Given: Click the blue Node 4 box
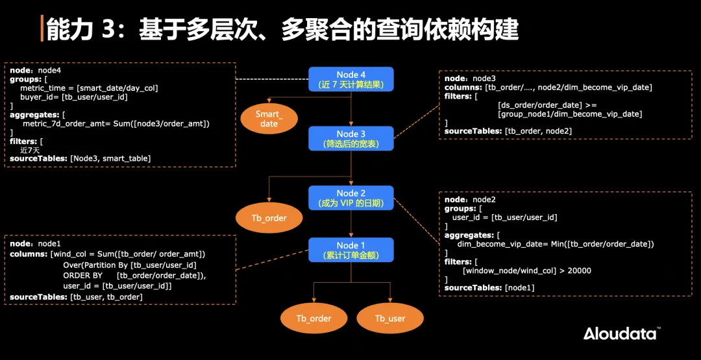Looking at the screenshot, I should click(x=351, y=79).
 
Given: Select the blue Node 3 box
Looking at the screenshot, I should click(x=351, y=138).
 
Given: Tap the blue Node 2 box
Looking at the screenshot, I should click(x=351, y=198).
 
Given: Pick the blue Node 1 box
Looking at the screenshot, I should click(x=351, y=250).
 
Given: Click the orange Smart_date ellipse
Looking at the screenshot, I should click(x=269, y=119).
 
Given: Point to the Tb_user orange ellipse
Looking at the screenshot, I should click(x=390, y=318).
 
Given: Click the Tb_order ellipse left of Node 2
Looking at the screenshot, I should click(x=269, y=218).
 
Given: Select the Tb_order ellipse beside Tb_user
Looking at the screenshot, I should click(x=314, y=318).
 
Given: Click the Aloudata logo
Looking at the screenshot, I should click(x=621, y=333).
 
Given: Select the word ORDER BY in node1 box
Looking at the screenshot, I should click(x=82, y=275).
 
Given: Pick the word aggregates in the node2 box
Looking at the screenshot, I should click(x=468, y=235).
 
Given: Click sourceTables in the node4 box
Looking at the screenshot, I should click(x=39, y=158).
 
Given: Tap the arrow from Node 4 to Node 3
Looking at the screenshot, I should click(x=351, y=109).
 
